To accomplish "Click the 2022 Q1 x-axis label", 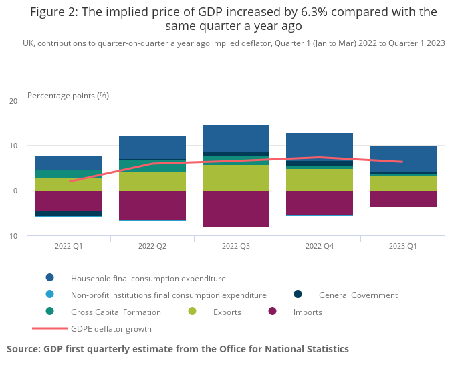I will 69,246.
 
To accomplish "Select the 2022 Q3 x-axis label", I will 236,246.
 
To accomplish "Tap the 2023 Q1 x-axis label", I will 403,246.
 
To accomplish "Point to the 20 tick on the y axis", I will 13,101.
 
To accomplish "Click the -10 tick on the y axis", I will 13,236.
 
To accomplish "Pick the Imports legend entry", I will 308,312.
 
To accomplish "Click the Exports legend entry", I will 227,312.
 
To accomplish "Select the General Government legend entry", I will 358,295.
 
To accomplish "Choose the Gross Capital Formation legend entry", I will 116,312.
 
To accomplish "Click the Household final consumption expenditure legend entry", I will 148,279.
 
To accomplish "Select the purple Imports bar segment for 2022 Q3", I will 236,209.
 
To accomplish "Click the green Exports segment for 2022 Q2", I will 152,182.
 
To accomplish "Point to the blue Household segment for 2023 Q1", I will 403,159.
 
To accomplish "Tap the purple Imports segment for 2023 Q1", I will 403,199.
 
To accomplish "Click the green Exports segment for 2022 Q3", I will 236,178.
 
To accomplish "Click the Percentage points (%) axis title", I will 68,96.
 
